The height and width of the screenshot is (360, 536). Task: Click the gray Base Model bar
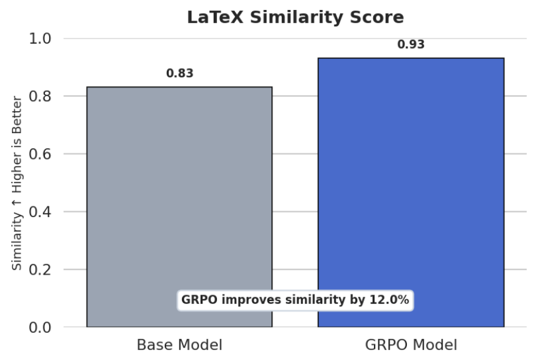tap(179, 199)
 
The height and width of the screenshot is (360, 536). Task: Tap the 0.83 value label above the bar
tap(179, 73)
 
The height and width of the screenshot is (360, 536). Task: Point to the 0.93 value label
tap(410, 45)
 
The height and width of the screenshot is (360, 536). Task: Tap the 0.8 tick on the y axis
tap(42, 97)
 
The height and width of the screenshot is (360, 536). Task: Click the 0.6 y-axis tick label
tap(42, 154)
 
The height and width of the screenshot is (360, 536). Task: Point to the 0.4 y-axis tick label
tap(42, 212)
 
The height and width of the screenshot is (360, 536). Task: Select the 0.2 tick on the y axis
tap(42, 270)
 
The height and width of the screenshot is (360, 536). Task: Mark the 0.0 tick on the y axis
tap(42, 328)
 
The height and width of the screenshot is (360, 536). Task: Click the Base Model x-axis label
tap(179, 345)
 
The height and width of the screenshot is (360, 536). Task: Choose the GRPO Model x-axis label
tap(410, 345)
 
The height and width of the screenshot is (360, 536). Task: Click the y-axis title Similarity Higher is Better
tap(17, 183)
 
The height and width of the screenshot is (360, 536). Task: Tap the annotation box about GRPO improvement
tap(295, 300)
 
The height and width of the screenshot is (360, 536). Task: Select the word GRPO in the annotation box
tap(199, 300)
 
